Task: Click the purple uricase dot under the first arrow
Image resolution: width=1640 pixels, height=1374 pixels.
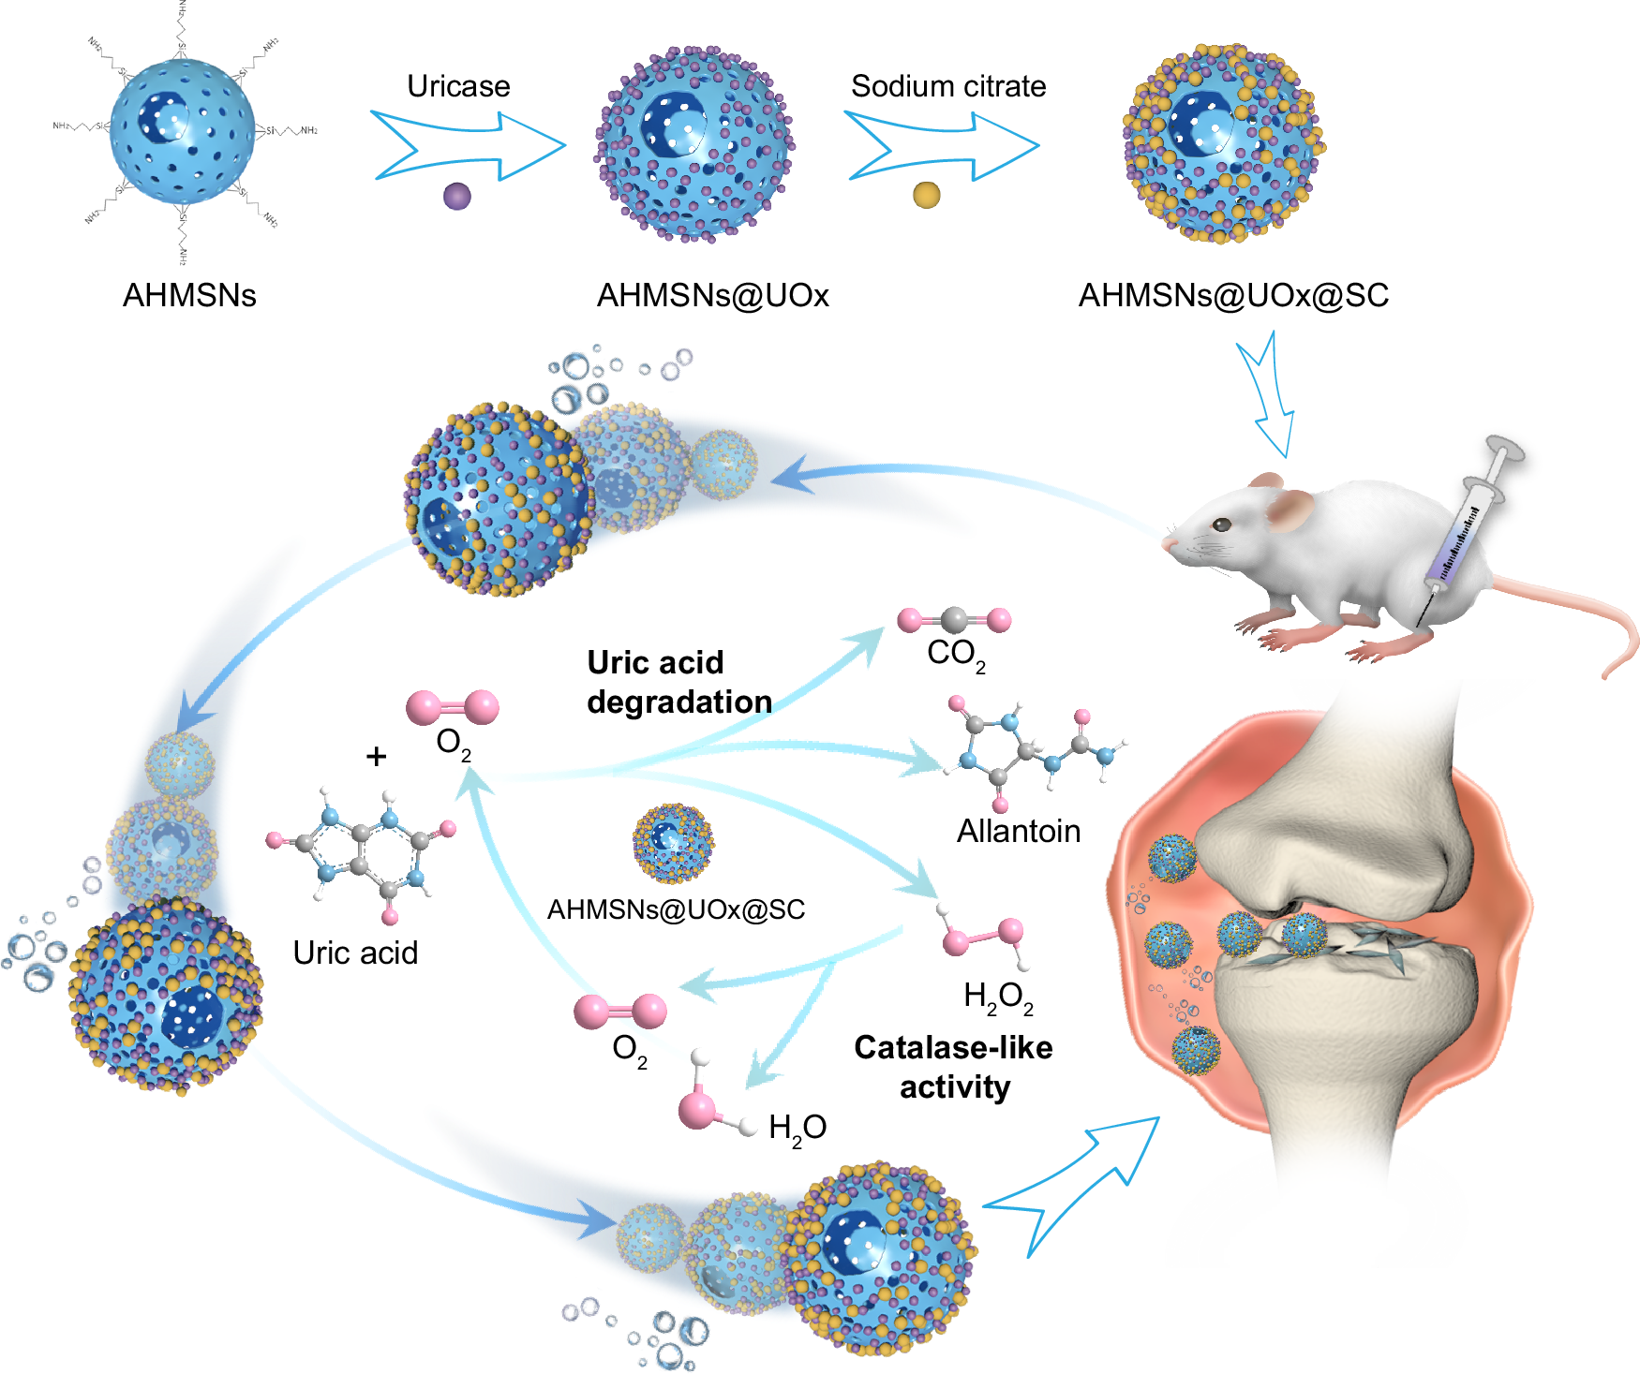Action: (456, 196)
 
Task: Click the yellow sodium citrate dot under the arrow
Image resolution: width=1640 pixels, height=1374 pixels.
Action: (926, 195)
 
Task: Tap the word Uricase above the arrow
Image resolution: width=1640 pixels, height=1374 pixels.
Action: (458, 86)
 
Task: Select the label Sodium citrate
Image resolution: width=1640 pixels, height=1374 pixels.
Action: (947, 86)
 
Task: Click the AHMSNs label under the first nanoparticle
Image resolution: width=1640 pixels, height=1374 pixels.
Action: (189, 295)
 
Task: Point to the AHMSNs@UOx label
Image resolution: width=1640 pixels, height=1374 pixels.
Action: (712, 295)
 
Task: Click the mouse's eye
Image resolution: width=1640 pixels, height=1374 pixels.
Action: (1221, 524)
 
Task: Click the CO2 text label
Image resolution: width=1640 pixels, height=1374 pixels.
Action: (955, 654)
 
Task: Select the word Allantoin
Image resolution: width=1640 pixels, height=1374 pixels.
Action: (1018, 831)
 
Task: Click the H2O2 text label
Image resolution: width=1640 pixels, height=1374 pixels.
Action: (997, 997)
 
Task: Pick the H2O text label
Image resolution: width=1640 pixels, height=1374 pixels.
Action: (797, 1128)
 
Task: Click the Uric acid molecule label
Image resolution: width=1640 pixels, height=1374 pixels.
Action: (355, 953)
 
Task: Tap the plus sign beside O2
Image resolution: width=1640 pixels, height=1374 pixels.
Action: (376, 756)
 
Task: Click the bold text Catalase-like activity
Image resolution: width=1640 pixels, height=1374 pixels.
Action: (953, 1067)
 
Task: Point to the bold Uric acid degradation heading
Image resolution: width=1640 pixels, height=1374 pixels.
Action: (678, 682)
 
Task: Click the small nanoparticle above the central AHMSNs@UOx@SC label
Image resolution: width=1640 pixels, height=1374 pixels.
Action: (673, 842)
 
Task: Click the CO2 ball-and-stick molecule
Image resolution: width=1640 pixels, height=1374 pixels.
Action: (954, 619)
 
